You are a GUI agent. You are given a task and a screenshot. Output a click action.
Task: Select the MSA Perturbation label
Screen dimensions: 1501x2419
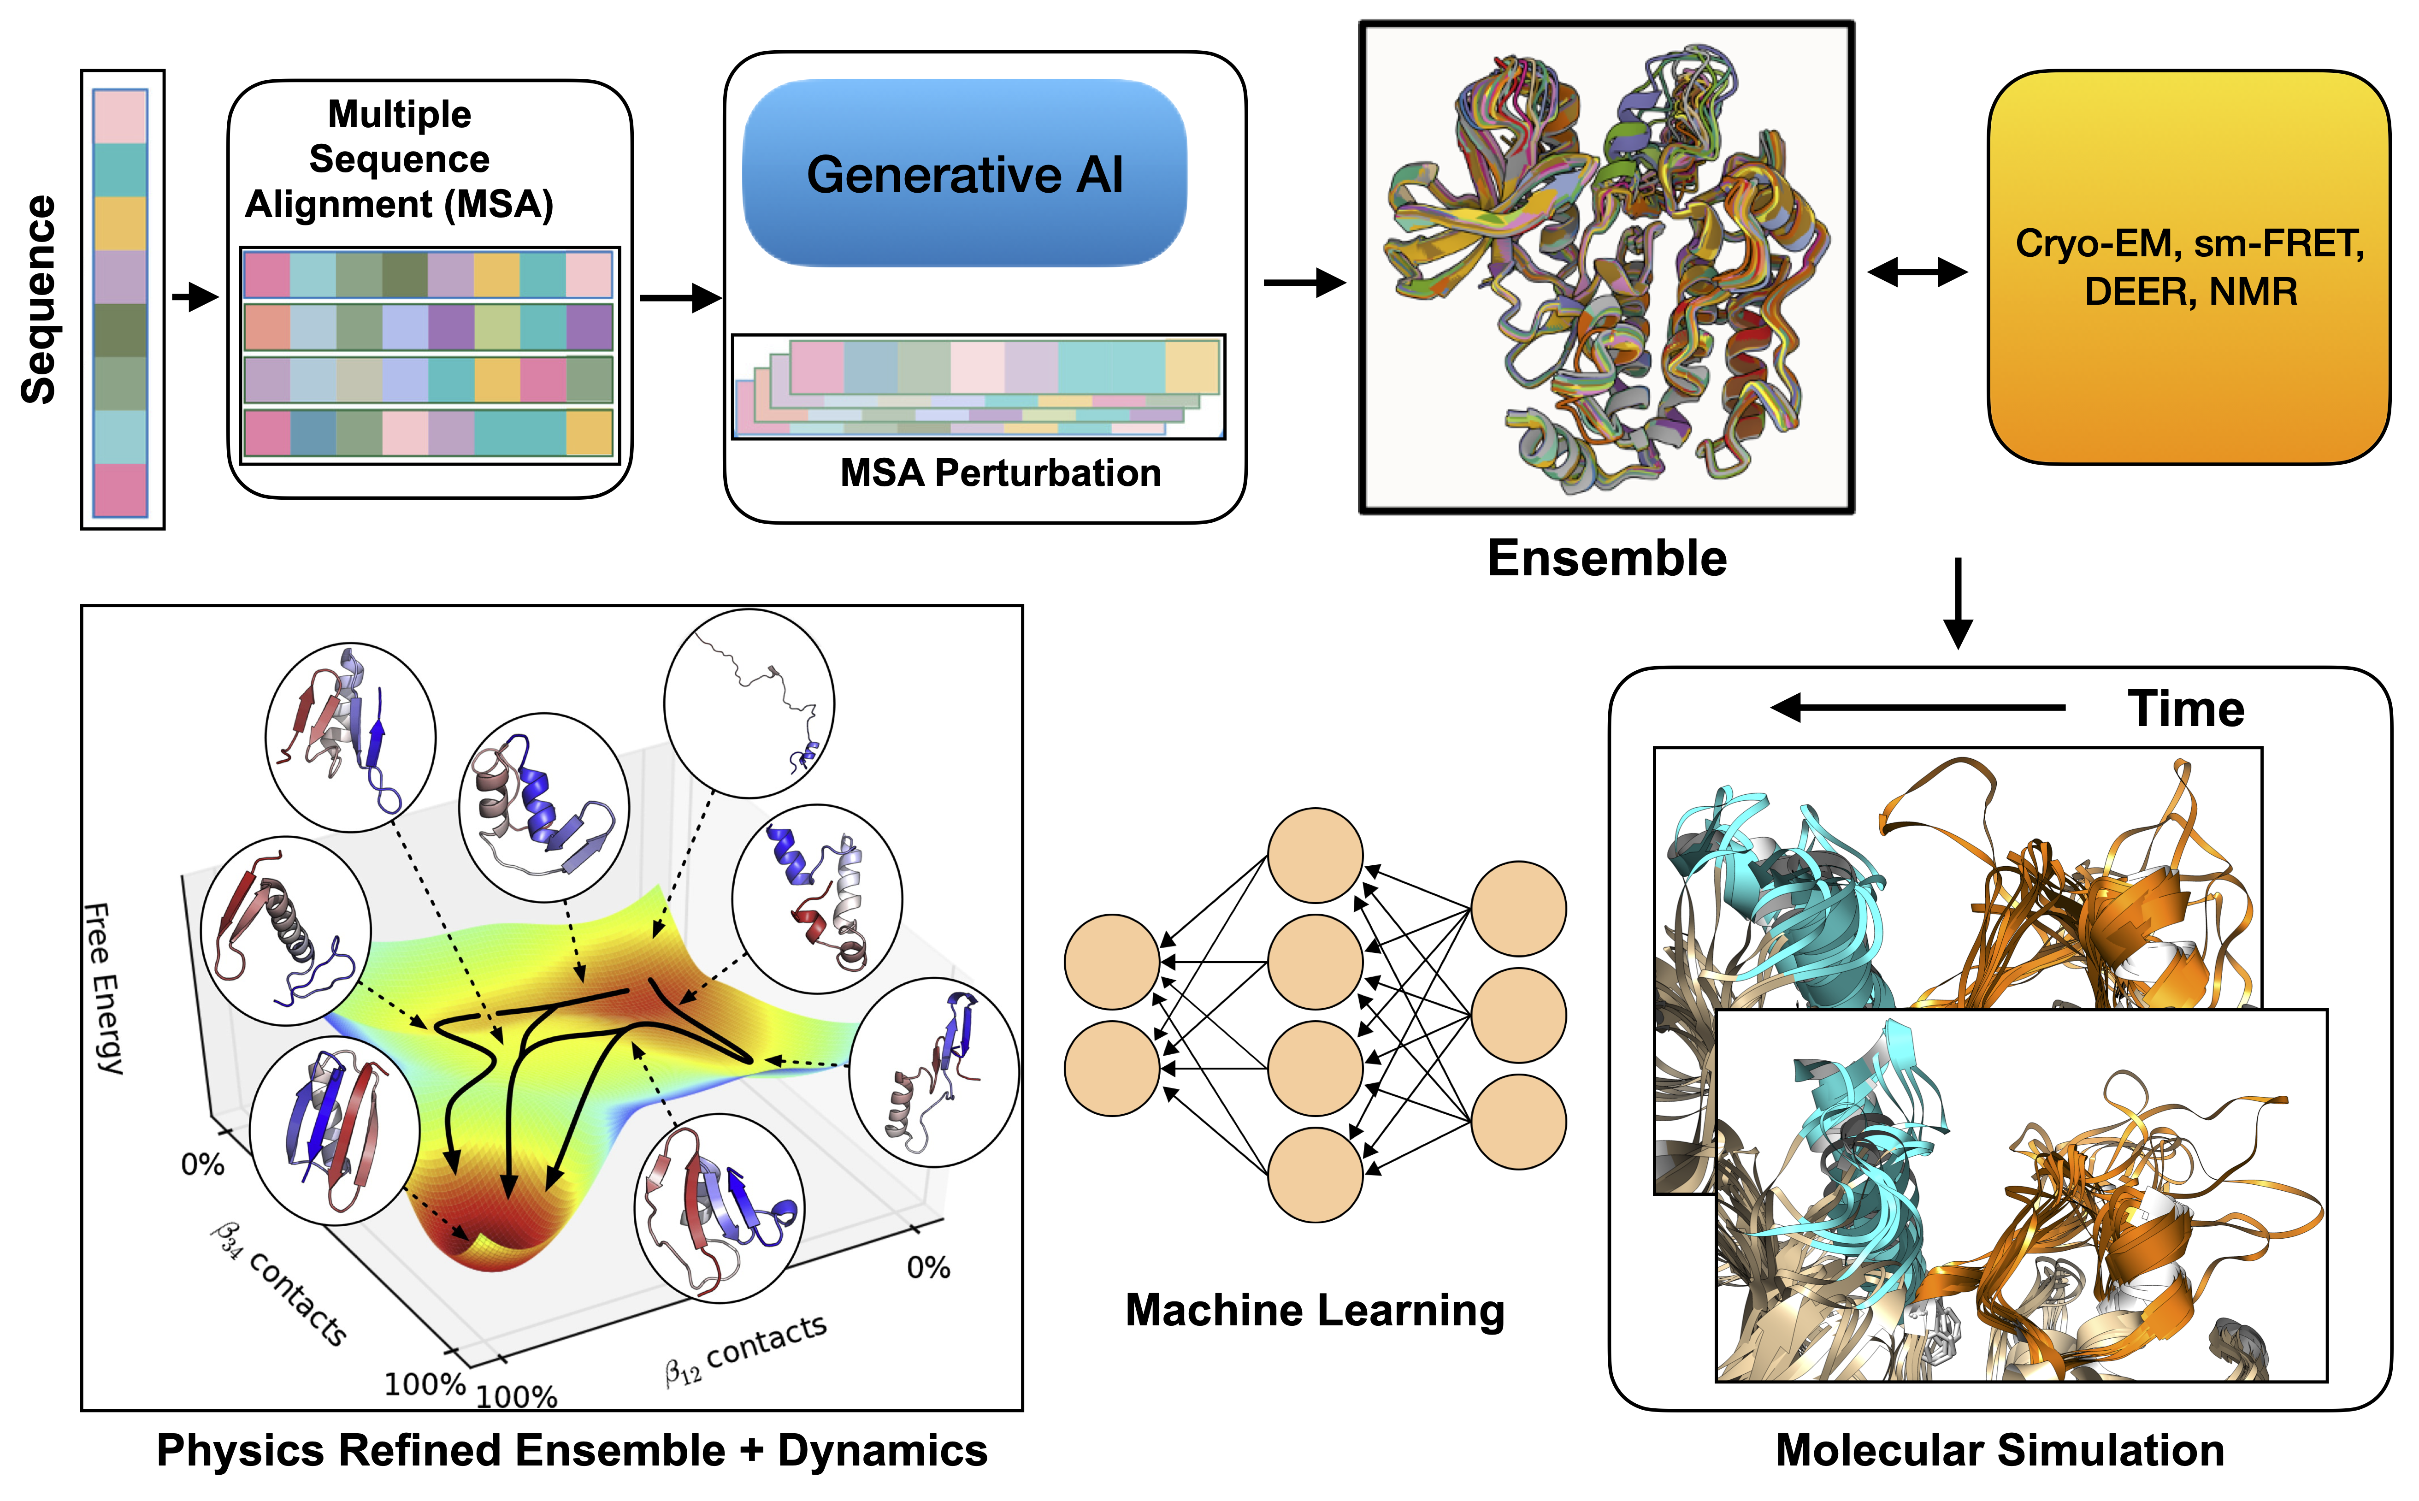point(1000,473)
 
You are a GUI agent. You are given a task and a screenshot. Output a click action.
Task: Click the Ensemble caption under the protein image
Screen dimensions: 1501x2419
point(1606,558)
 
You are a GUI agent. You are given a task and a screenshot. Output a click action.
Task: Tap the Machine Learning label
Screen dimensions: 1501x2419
point(1314,1309)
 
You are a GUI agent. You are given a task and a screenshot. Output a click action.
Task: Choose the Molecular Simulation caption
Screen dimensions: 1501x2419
point(1999,1449)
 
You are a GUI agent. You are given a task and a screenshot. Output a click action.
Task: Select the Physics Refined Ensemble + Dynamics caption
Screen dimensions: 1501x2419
point(572,1449)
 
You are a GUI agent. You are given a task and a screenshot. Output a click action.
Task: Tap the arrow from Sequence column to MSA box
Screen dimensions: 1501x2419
point(195,296)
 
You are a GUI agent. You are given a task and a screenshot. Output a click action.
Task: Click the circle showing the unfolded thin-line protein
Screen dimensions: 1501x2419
point(749,703)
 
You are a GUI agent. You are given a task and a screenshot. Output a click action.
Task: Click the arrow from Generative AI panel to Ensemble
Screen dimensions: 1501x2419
point(1304,283)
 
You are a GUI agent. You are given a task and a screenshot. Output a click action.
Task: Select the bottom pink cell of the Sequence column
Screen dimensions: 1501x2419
point(120,490)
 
